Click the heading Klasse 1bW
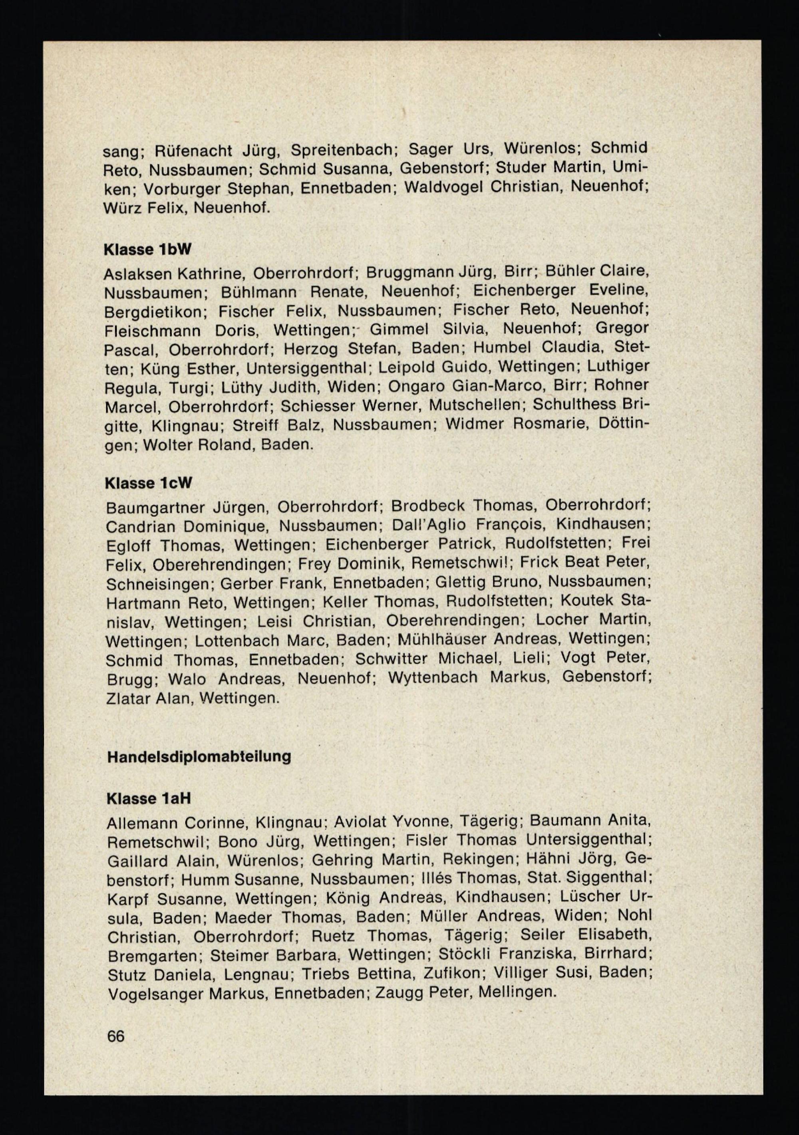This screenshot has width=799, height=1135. [x=147, y=250]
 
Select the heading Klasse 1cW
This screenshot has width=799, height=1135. [x=148, y=483]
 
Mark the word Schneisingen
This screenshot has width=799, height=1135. [x=158, y=584]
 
